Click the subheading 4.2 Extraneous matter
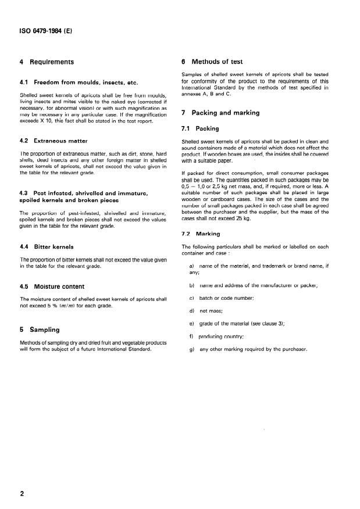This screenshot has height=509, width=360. tap(54, 141)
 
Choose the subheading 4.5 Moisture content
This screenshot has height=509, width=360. tap(52, 286)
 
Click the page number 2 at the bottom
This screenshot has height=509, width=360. tap(22, 494)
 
